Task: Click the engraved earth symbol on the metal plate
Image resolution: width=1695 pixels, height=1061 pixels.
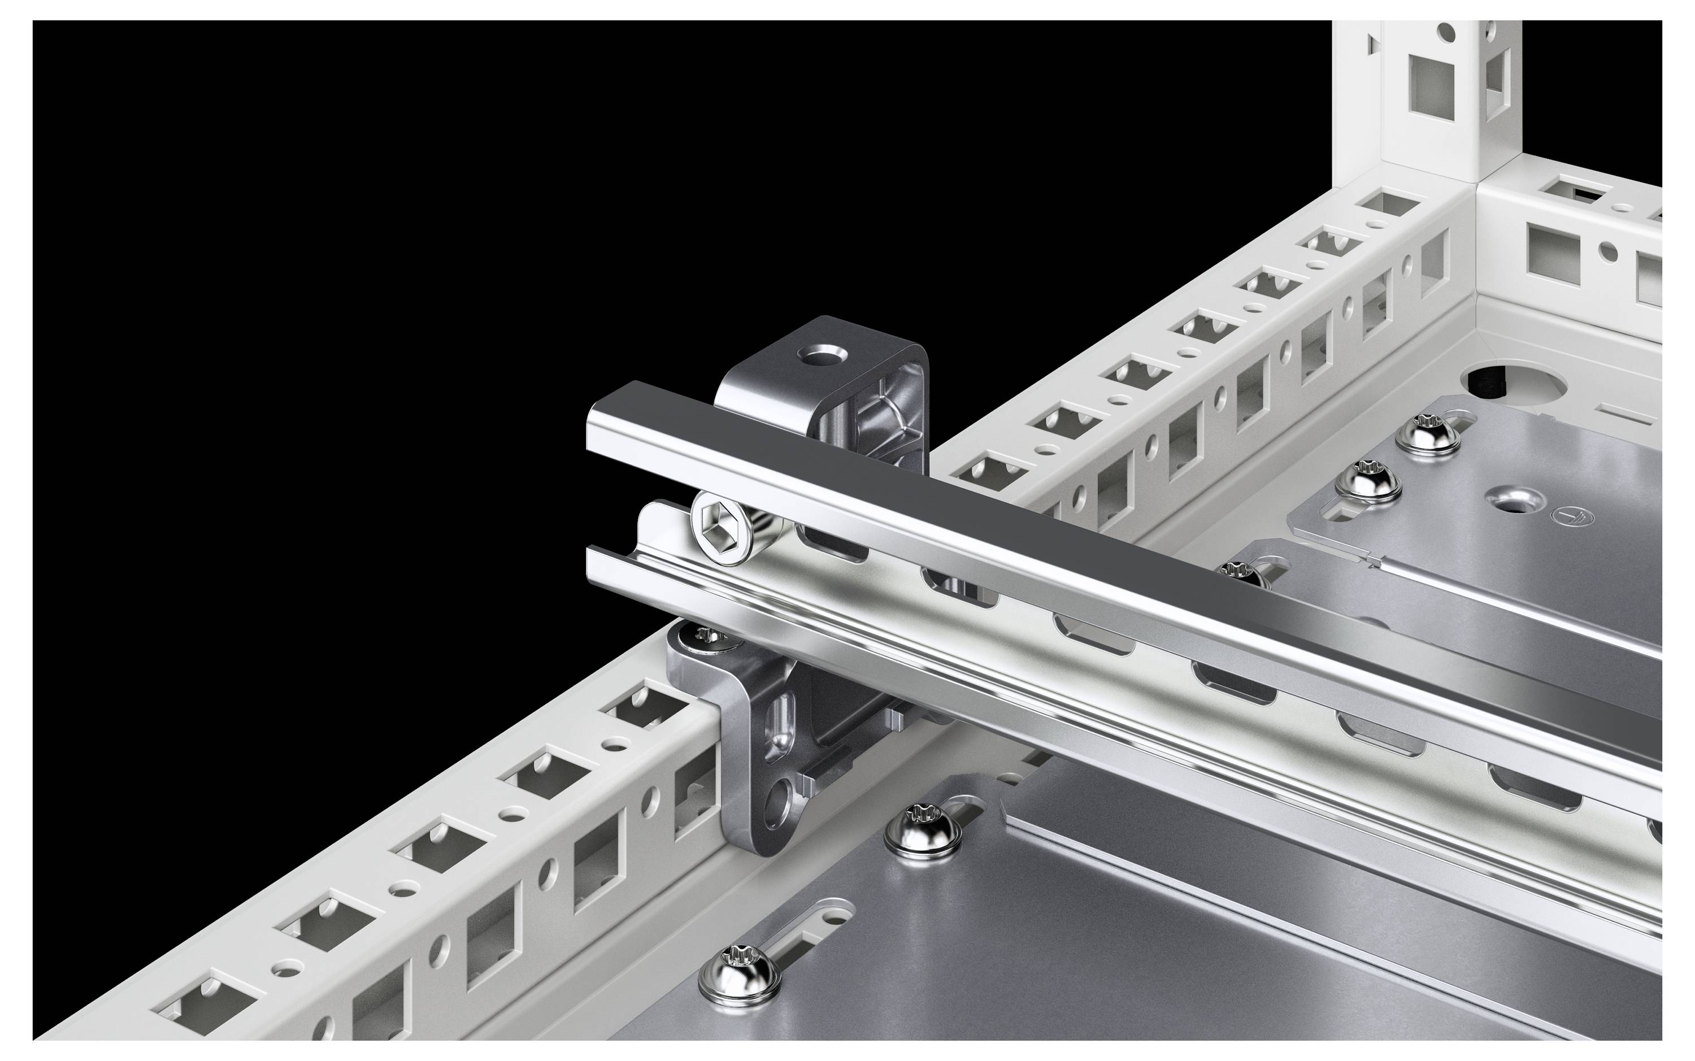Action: [1571, 516]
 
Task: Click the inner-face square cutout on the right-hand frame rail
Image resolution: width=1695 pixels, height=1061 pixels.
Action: [1552, 250]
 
